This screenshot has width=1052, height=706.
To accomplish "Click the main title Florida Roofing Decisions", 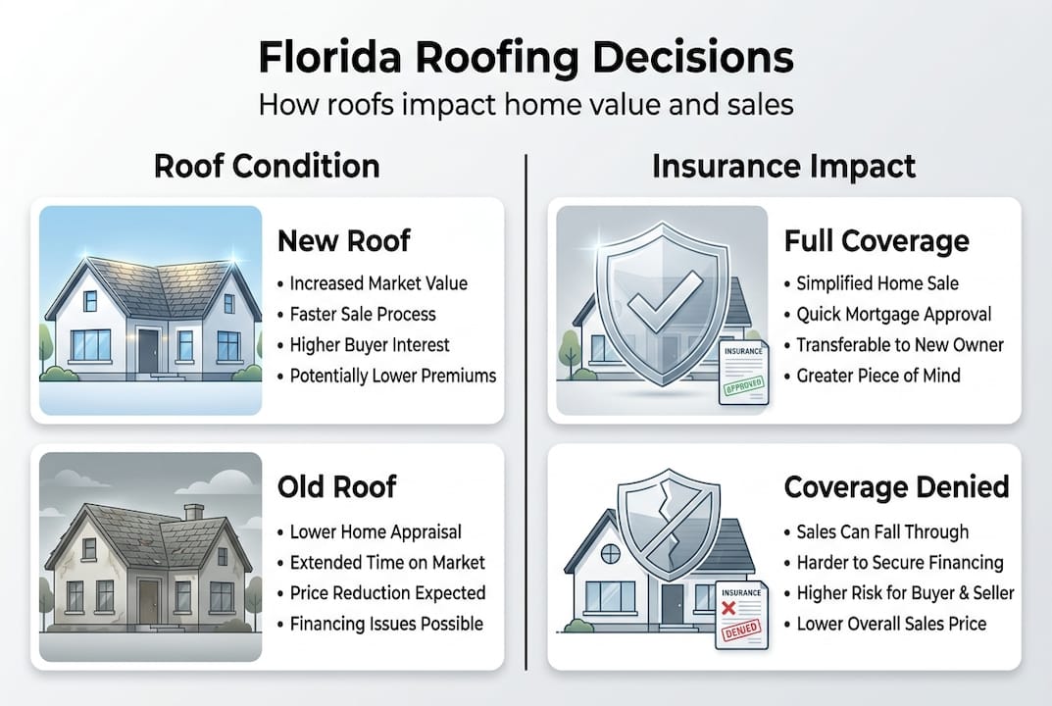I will tap(526, 58).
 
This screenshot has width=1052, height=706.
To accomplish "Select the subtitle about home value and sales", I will tap(526, 105).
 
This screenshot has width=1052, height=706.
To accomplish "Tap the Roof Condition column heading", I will tap(267, 166).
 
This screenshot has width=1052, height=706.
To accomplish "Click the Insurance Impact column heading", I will tap(784, 166).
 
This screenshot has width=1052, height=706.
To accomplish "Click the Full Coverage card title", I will tap(877, 240).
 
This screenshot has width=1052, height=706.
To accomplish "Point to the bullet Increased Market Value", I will tap(378, 283).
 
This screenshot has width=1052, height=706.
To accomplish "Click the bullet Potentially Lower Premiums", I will tap(393, 376).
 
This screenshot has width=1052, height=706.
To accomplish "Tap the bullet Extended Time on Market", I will tap(387, 563).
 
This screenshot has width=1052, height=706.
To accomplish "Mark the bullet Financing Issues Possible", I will tap(386, 624).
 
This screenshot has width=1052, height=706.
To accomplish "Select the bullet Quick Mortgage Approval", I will tap(893, 315).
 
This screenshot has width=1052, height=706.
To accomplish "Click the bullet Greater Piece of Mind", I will tap(878, 376).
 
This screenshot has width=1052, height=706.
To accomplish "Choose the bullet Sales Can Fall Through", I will tap(882, 532).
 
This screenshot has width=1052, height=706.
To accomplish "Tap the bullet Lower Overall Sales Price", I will tap(891, 624).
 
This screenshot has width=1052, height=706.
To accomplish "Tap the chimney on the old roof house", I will tap(193, 511).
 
